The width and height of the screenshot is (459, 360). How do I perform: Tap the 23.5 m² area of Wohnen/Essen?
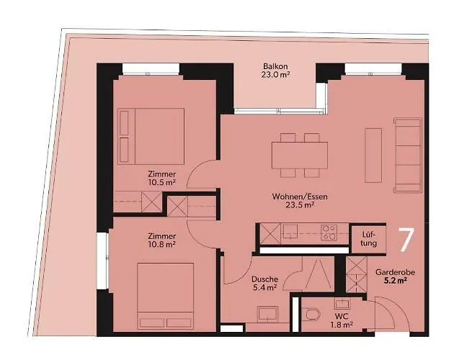pyautogui.click(x=300, y=205)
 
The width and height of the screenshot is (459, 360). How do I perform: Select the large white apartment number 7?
pyautogui.click(x=407, y=240)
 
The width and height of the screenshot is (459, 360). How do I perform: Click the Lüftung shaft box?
pyautogui.click(x=368, y=238)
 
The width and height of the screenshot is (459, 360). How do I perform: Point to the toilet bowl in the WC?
pyautogui.click(x=311, y=315)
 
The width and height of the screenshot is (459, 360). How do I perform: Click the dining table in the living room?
pyautogui.click(x=300, y=156)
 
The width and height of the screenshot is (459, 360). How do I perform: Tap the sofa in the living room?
pyautogui.click(x=408, y=156)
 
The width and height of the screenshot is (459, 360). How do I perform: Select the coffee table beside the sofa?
pyautogui.click(x=373, y=156)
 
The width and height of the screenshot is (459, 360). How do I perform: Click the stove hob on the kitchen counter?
pyautogui.click(x=329, y=233)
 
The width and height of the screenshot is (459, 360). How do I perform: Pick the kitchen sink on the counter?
pyautogui.click(x=290, y=231)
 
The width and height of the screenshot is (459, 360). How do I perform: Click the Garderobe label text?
pyautogui.click(x=395, y=273)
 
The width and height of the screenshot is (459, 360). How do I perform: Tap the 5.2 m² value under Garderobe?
pyautogui.click(x=395, y=281)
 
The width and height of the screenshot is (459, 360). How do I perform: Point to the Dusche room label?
pyautogui.click(x=265, y=279)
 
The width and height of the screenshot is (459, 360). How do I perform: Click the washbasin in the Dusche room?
pyautogui.click(x=267, y=314)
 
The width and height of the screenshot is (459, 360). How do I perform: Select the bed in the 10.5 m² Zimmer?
pyautogui.click(x=151, y=136)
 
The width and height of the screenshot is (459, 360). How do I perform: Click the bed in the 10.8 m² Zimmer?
pyautogui.click(x=166, y=296)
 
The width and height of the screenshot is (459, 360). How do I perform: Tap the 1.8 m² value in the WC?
pyautogui.click(x=342, y=325)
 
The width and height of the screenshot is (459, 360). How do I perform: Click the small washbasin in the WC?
pyautogui.click(x=342, y=304)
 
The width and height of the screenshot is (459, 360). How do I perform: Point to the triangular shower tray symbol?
pyautogui.click(x=318, y=274)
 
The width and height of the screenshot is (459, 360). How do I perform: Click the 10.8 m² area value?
pyautogui.click(x=162, y=244)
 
